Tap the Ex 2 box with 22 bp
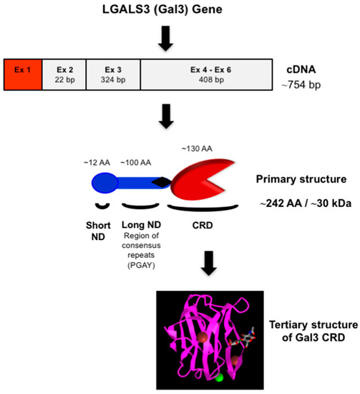tap(64, 73)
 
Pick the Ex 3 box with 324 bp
tap(112, 73)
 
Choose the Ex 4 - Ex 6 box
tap(206, 73)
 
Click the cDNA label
tap(301, 68)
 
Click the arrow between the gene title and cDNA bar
tap(166, 39)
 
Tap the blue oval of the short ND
tap(105, 184)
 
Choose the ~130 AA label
tap(198, 148)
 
